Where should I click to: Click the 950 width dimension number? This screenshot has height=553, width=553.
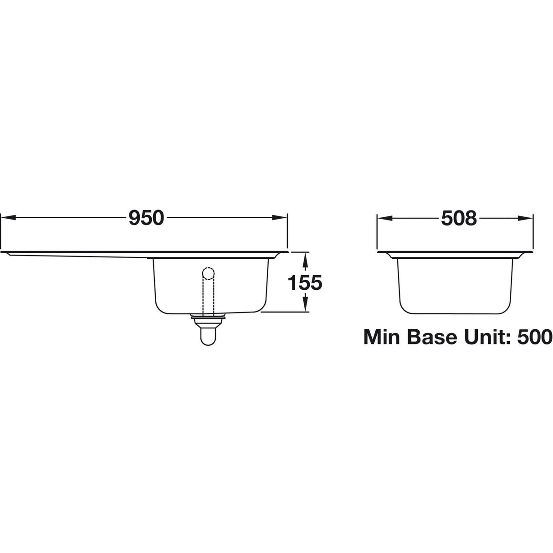click(146, 218)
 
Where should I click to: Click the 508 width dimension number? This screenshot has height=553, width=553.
click(458, 218)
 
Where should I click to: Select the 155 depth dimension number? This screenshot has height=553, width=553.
click(305, 283)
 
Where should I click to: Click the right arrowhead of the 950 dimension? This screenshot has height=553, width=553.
click(282, 218)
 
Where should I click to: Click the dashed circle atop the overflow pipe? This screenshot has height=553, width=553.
click(208, 274)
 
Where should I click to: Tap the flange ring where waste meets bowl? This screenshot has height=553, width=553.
click(208, 316)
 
